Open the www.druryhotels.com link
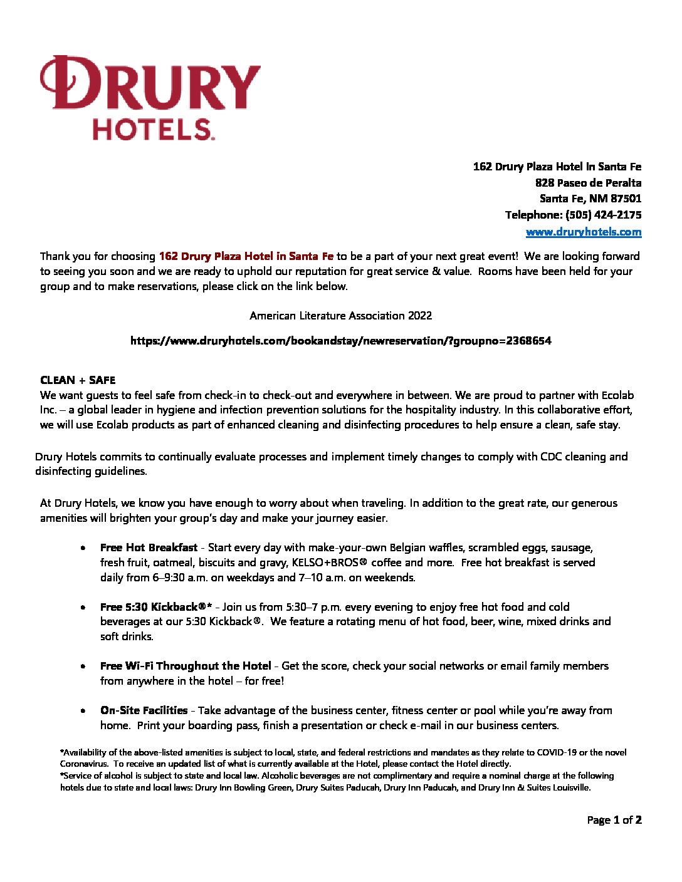click(583, 232)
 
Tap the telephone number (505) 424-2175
click(603, 215)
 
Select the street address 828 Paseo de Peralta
click(588, 183)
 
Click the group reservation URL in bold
click(340, 341)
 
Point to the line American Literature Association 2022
click(340, 316)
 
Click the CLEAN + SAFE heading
click(78, 380)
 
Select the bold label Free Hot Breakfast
click(149, 547)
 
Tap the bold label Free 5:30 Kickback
click(156, 607)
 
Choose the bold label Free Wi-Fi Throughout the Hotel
click(186, 666)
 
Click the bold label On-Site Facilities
click(144, 710)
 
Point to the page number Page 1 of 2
click(614, 820)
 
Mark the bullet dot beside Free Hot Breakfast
click(83, 548)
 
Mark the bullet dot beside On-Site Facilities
click(83, 711)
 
